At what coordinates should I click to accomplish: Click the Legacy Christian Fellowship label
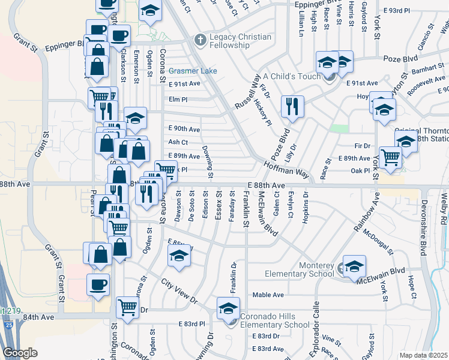coord(240,41)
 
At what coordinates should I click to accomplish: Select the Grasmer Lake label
coord(193,71)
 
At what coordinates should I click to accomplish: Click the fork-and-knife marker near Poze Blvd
coord(292,107)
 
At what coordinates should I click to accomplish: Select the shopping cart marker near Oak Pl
coord(391,157)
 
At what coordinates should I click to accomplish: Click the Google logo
coord(20,353)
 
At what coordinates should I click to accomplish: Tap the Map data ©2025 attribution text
coord(423,355)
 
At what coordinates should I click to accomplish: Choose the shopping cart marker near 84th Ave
coord(127,307)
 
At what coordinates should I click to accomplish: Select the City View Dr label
coord(179,290)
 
